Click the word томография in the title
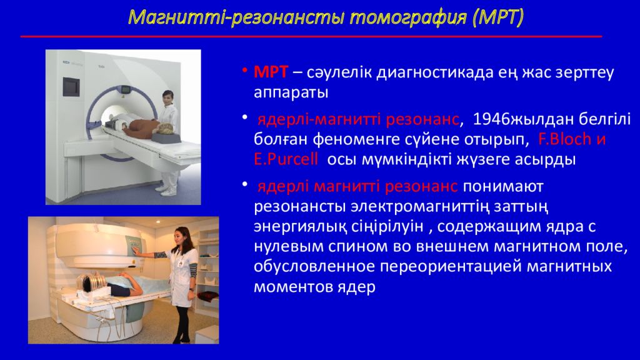pyautogui.click(x=408, y=17)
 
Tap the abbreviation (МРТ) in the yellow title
pyautogui.click(x=498, y=17)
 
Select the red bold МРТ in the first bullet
pyautogui.click(x=271, y=72)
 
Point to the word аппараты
pyautogui.click(x=291, y=92)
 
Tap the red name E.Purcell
pyautogui.click(x=286, y=159)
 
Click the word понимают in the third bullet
pyautogui.click(x=503, y=186)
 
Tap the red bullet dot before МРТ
pyautogui.click(x=244, y=70)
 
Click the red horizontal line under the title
pyautogui.click(x=311, y=37)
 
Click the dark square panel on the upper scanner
pyautogui.click(x=71, y=86)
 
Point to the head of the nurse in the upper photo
pyautogui.click(x=167, y=98)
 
